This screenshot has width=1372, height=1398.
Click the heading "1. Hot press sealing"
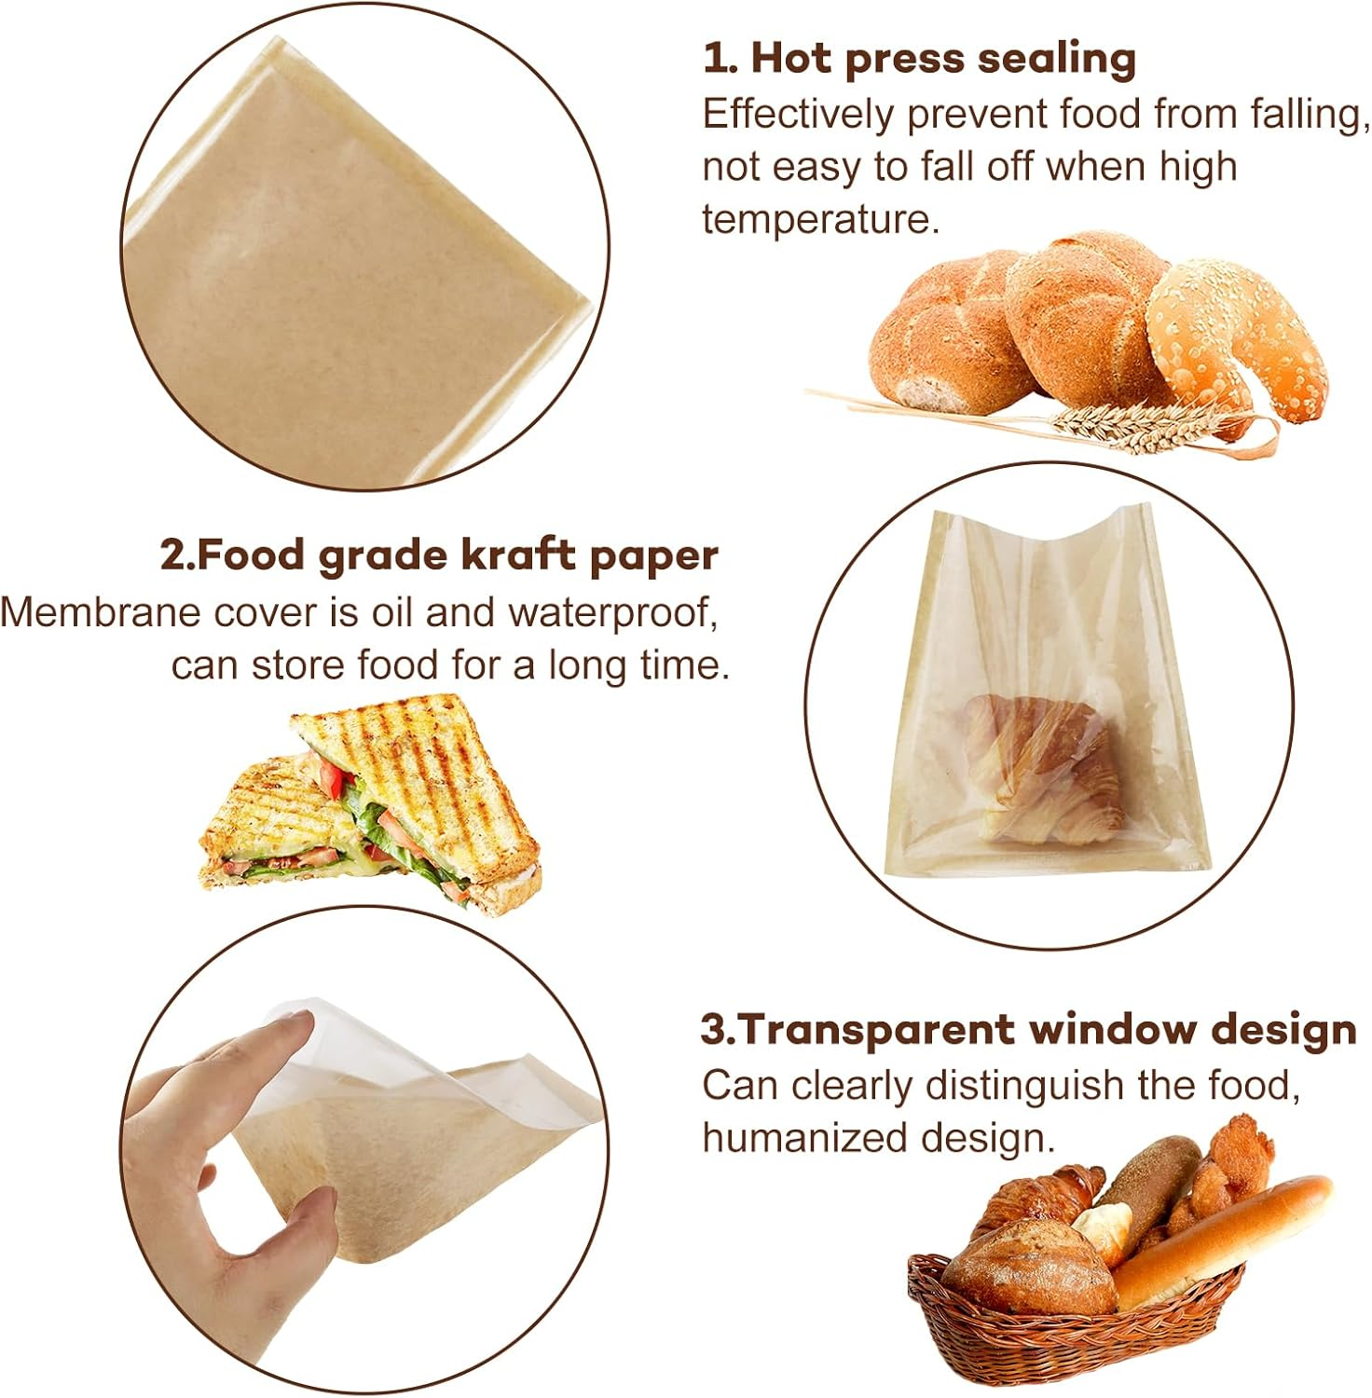pyautogui.click(x=919, y=58)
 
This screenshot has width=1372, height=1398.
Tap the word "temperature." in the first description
pyautogui.click(x=820, y=219)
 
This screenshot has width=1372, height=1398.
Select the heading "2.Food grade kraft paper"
pyautogui.click(x=439, y=555)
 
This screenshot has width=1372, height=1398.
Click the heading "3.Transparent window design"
pyautogui.click(x=1029, y=1030)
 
